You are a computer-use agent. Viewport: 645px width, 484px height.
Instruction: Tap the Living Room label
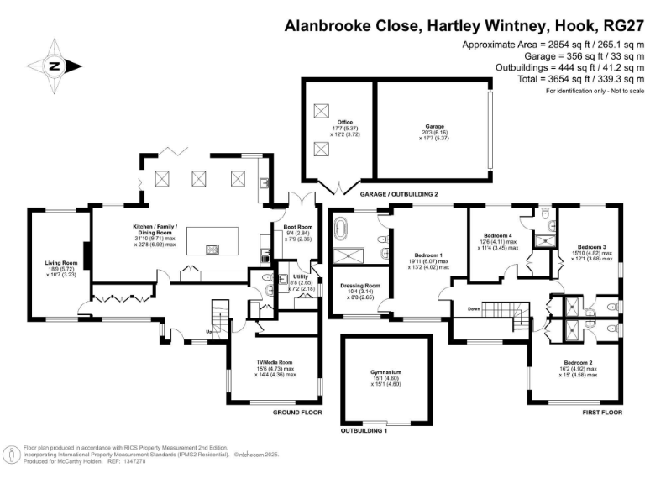click(x=60, y=268)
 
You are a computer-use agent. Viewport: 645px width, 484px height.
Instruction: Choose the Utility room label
click(x=300, y=278)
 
